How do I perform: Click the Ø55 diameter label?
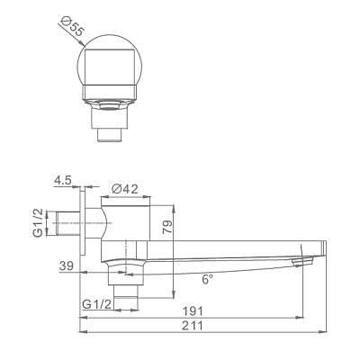click(x=71, y=27)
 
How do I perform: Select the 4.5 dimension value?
click(x=63, y=181)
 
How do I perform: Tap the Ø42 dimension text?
click(x=125, y=189)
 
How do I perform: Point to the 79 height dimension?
click(x=168, y=227)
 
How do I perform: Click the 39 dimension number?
click(x=67, y=266)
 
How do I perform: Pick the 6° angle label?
click(x=208, y=280)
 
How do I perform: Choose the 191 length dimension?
click(x=193, y=311)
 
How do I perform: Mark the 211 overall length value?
click(x=193, y=326)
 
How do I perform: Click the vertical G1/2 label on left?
click(x=39, y=223)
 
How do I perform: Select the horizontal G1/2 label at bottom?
click(x=97, y=305)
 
